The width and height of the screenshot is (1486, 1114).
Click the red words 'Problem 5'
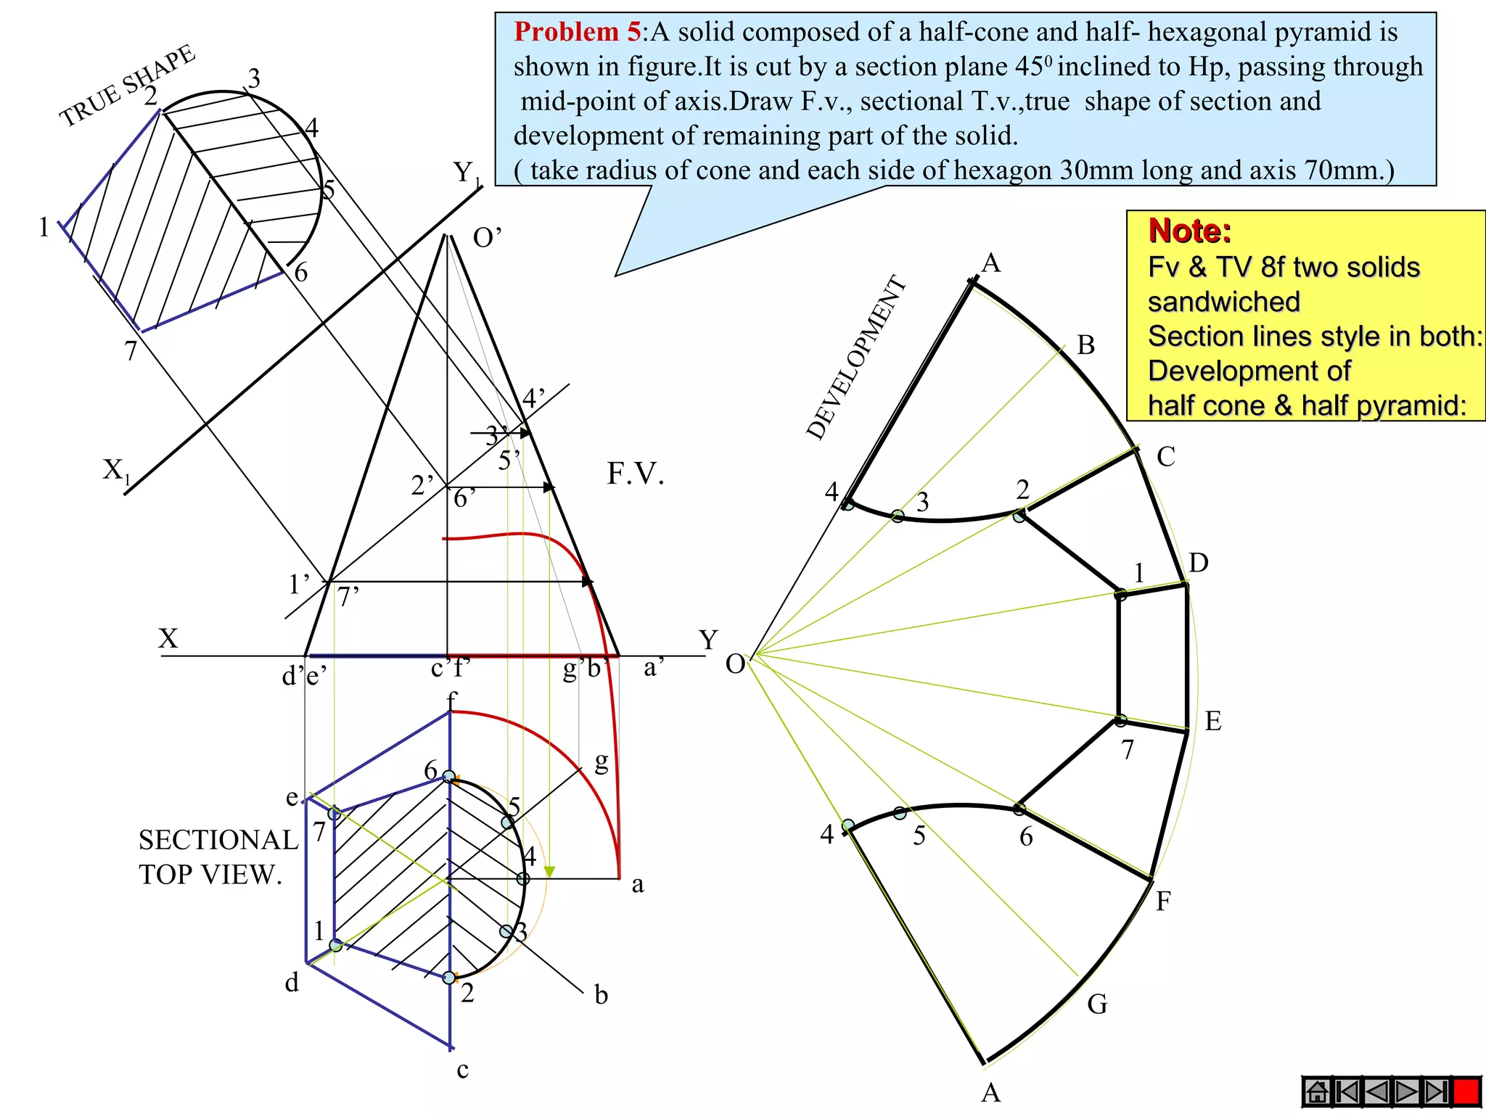[x=577, y=32]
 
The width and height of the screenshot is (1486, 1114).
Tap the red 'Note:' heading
[x=1189, y=231]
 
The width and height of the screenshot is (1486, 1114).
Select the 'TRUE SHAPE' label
[x=127, y=86]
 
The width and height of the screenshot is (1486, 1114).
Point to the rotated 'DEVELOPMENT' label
[x=856, y=358]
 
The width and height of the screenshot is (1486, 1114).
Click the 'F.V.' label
[x=636, y=474]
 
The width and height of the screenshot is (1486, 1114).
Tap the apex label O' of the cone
[x=487, y=238]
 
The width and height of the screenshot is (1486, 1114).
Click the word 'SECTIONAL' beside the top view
[x=218, y=840]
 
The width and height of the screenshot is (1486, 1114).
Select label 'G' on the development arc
[x=1097, y=1004]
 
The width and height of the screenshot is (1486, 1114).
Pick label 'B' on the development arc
[x=1085, y=345]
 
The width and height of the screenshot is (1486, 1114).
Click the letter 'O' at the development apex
[x=735, y=664]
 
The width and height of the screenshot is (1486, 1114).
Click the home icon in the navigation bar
[x=1317, y=1092]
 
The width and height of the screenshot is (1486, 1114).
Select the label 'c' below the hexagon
[x=463, y=1069]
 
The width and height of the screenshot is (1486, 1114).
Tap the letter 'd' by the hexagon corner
[x=292, y=983]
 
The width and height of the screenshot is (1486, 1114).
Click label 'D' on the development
[x=1198, y=563]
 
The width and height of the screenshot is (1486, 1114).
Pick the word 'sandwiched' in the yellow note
[x=1223, y=302]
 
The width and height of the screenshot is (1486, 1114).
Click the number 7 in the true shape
[x=131, y=351]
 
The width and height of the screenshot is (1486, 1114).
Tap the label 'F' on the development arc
[x=1163, y=901]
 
